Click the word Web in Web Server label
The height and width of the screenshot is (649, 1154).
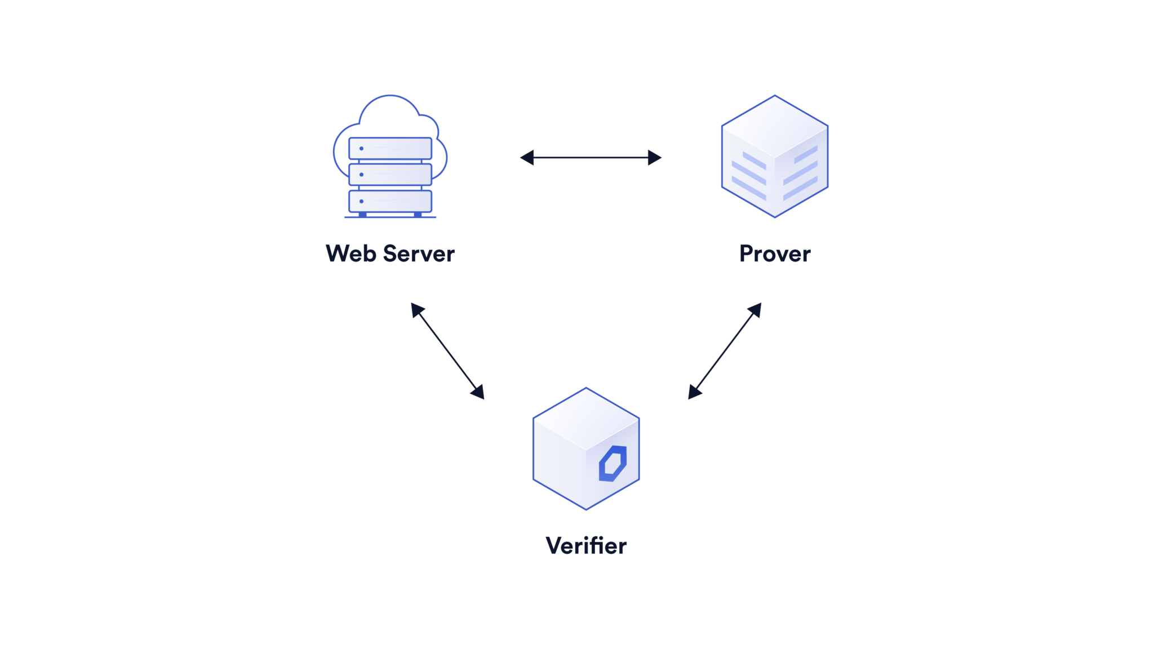[350, 254]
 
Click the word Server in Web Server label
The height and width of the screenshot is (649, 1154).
[419, 254]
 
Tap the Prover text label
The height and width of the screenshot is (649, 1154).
[775, 254]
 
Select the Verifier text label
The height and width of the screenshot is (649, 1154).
[586, 545]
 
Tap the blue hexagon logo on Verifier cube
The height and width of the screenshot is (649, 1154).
[612, 464]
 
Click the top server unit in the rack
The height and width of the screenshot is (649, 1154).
[390, 148]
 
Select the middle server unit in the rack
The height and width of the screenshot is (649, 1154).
[390, 175]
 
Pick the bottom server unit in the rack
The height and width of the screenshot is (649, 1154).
[390, 201]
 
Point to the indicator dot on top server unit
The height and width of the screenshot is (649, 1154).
[361, 148]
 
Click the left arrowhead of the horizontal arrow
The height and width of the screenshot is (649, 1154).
[527, 158]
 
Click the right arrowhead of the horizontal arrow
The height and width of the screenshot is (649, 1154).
[654, 158]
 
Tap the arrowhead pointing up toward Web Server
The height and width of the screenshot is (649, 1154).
[416, 309]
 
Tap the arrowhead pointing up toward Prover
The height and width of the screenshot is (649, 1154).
[756, 309]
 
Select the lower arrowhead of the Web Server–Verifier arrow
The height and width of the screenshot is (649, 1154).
[478, 392]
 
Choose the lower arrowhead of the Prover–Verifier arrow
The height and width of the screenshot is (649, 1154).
[694, 392]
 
